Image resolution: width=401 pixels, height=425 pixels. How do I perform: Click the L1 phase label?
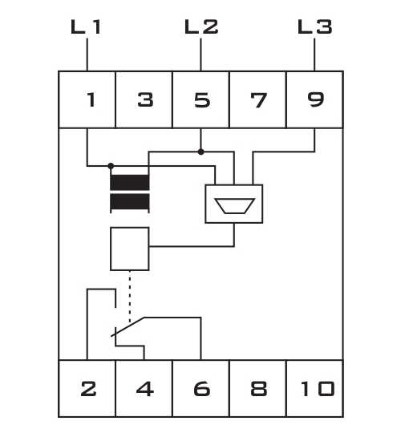tap(86, 26)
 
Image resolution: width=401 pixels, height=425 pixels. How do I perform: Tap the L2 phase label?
tap(201, 26)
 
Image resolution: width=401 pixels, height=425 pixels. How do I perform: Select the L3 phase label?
tap(314, 26)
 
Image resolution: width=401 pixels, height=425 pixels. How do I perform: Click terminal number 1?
tap(91, 99)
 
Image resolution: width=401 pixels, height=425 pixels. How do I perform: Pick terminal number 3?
tap(146, 99)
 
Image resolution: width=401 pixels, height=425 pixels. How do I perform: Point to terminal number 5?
tap(202, 100)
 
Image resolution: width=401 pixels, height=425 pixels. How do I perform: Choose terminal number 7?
tap(259, 100)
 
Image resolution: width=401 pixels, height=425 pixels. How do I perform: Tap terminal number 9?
tap(316, 99)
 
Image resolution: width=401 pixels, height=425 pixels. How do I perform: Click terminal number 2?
tap(88, 389)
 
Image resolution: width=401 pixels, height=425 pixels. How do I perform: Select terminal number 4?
tap(145, 389)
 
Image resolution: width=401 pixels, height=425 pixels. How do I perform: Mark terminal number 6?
tap(202, 389)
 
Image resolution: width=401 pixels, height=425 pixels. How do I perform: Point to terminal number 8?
tap(259, 389)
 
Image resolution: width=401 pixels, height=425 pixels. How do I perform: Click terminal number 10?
tap(318, 389)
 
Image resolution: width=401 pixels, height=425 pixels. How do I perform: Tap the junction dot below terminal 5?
tap(200, 152)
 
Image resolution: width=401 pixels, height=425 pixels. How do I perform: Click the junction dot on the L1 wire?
tap(111, 166)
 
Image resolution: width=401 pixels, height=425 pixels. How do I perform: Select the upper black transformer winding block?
tap(130, 182)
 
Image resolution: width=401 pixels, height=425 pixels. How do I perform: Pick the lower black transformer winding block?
tap(130, 201)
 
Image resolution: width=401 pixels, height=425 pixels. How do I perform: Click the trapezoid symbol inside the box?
tap(234, 206)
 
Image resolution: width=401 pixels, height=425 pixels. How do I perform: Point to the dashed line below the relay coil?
tap(130, 297)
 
